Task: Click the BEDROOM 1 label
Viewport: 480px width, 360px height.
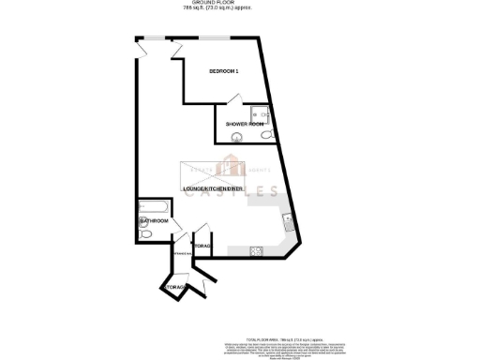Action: coord(224,72)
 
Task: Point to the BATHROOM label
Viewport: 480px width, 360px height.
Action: coord(154,221)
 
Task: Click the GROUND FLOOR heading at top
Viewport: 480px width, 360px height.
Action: coord(239,4)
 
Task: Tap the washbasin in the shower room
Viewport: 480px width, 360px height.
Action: coord(235,138)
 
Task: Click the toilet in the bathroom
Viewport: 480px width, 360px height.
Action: coord(146,232)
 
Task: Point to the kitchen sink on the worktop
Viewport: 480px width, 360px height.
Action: coord(289,224)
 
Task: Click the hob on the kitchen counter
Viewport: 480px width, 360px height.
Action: coord(256,249)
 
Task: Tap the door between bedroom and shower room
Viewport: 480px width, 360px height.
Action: coord(236,100)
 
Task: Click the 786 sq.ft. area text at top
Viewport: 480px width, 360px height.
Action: coord(239,10)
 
